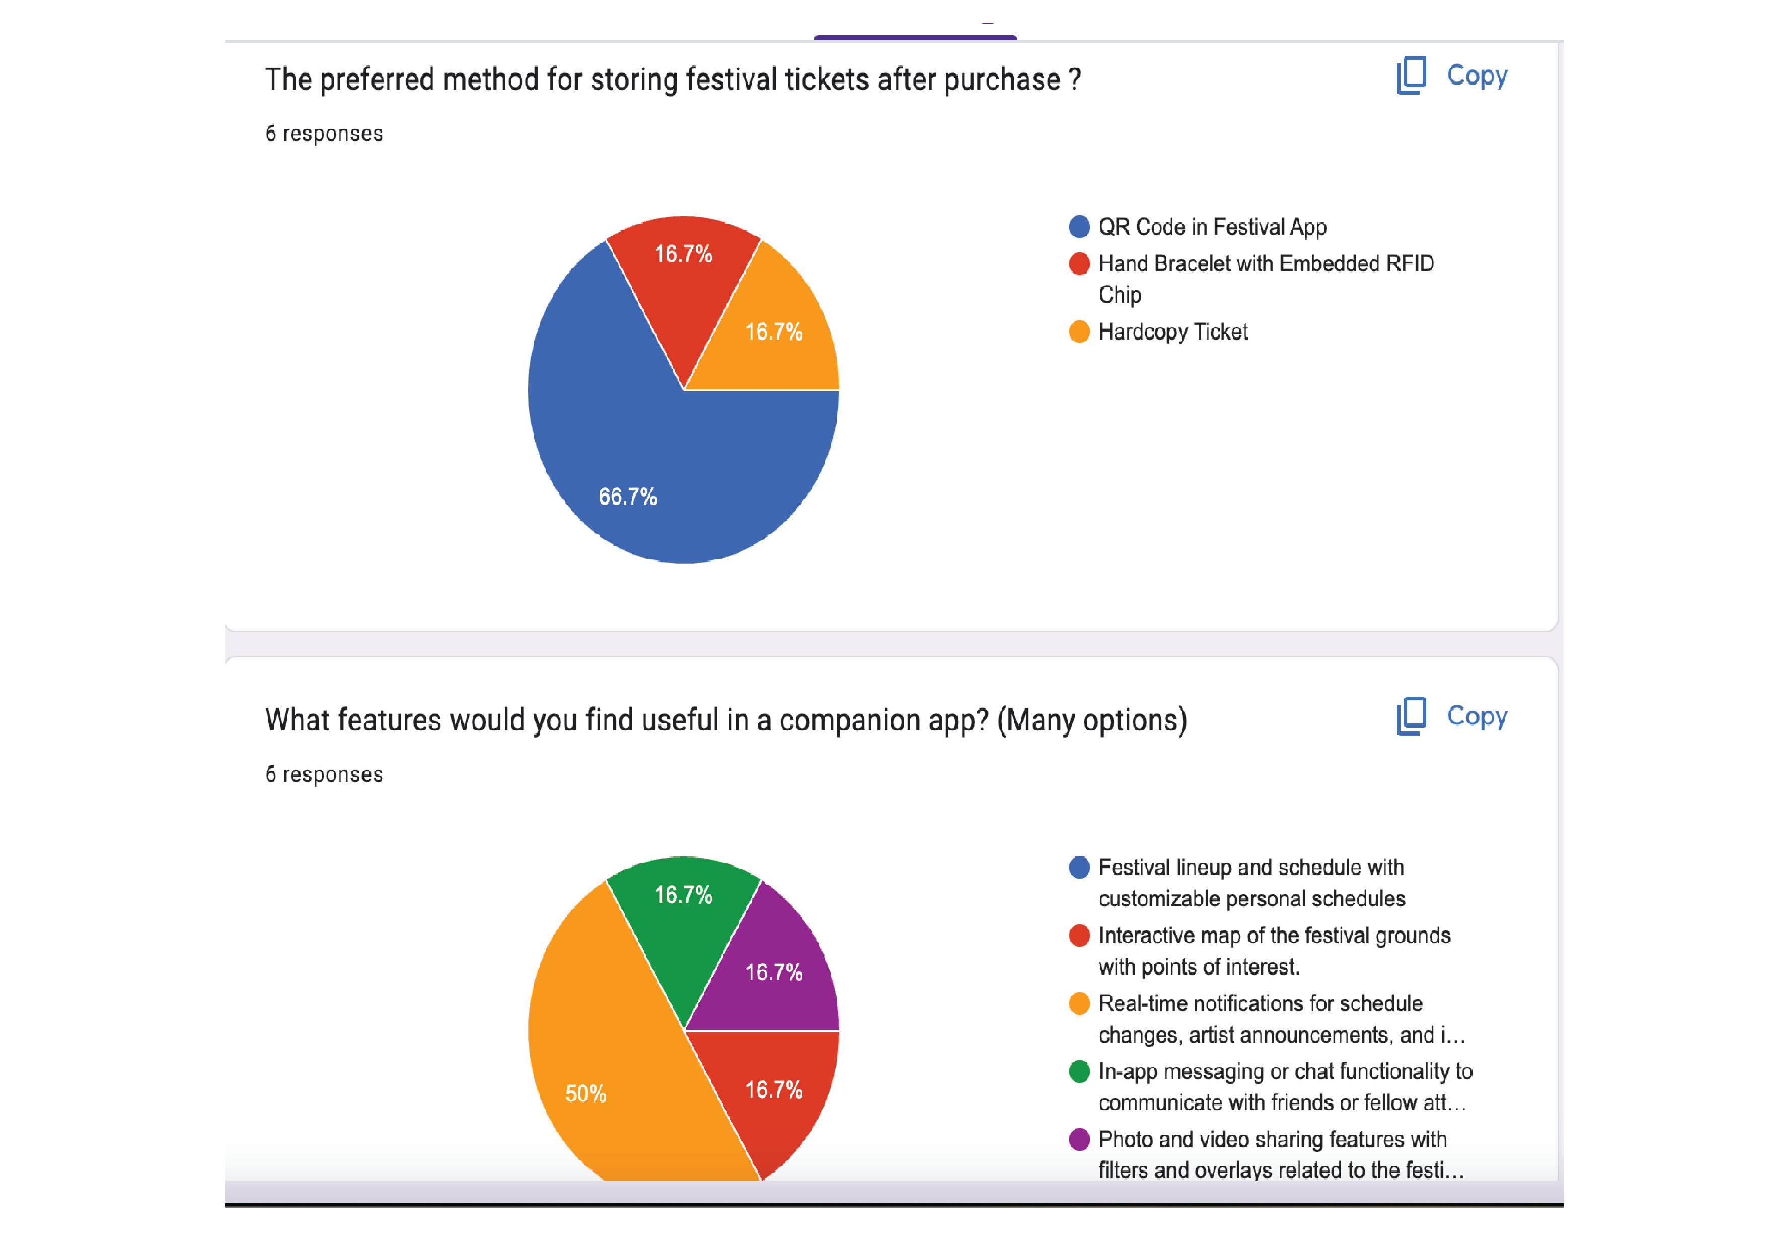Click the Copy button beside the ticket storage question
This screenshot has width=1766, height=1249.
[x=1452, y=76]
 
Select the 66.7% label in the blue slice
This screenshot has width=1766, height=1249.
[x=628, y=497]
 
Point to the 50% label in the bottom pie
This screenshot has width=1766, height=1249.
[x=586, y=1093]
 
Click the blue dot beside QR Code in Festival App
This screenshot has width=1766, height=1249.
[x=1079, y=227]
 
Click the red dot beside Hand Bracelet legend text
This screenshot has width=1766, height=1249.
[x=1079, y=264]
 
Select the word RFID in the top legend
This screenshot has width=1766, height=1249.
[x=1409, y=264]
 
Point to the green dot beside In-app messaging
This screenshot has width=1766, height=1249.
[x=1079, y=1071]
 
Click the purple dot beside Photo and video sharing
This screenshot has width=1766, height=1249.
[x=1079, y=1139]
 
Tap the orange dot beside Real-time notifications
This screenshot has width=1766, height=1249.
[x=1079, y=1004]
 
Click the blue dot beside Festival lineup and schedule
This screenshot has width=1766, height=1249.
[x=1079, y=867]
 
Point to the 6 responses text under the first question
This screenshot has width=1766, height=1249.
[x=324, y=134]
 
